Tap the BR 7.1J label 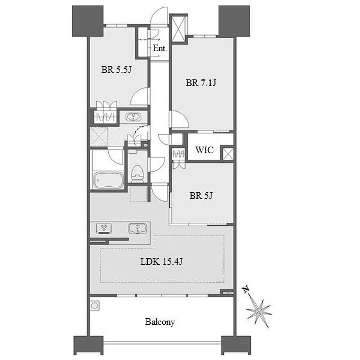click(201, 83)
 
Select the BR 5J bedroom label click(201, 195)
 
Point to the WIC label click(204, 150)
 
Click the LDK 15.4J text click(161, 262)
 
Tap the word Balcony click(160, 322)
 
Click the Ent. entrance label click(160, 49)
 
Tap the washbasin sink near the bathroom click(133, 117)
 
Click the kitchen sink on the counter click(137, 229)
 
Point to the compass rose click(259, 312)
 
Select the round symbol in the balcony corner click(94, 306)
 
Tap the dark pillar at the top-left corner click(88, 21)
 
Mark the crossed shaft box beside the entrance click(178, 28)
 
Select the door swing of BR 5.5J click(140, 97)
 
